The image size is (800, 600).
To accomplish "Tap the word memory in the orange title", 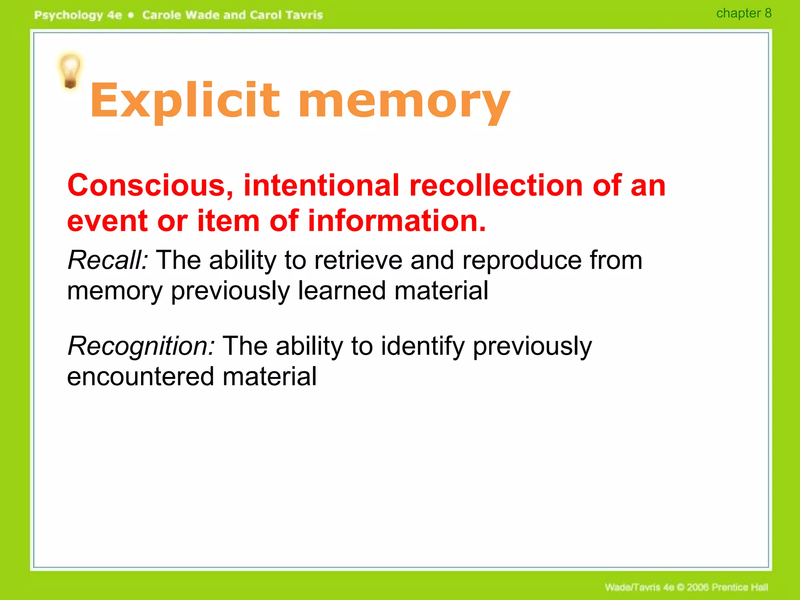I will (404, 102).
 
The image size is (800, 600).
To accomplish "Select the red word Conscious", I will (150, 185).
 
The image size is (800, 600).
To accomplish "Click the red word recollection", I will (496, 185).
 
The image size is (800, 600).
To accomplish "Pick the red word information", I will (397, 221).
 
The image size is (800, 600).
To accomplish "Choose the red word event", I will (107, 221).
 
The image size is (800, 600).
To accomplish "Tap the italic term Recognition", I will (141, 346).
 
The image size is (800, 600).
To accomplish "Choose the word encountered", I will (141, 377).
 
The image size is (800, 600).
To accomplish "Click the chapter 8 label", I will (744, 13).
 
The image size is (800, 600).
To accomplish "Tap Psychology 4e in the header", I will (78, 15).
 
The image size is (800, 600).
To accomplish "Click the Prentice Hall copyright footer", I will (686, 587).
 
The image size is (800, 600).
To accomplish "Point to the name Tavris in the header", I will (304, 15).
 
